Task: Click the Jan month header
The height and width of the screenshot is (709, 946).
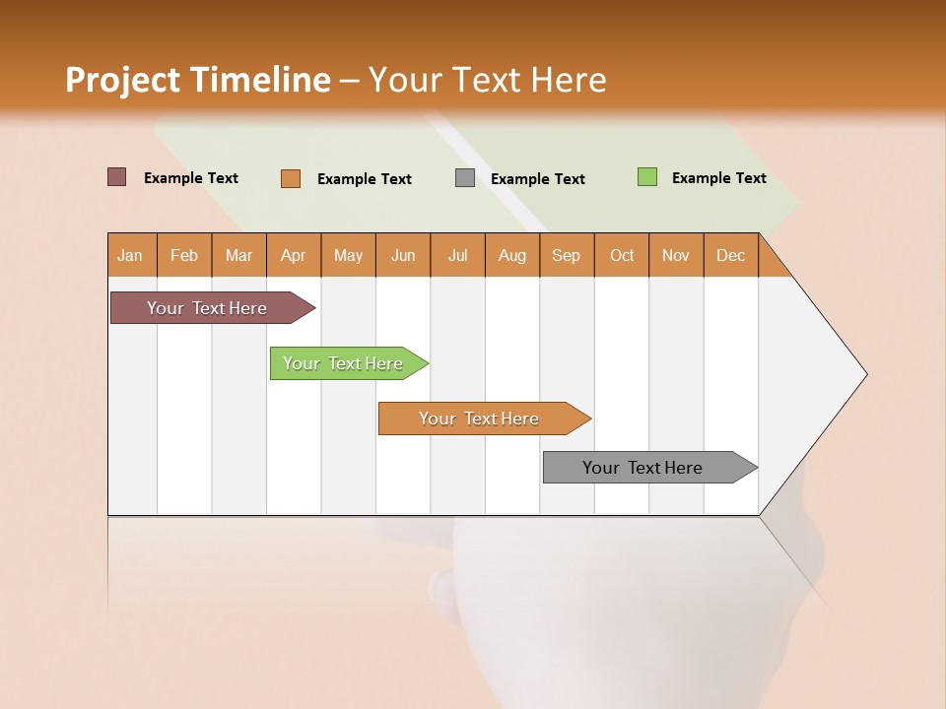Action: tap(131, 255)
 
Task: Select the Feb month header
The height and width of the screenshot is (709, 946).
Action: tap(184, 255)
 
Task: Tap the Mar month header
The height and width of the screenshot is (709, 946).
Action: tap(238, 255)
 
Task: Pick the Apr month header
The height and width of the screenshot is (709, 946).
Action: tap(294, 255)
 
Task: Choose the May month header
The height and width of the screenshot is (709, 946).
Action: tap(348, 255)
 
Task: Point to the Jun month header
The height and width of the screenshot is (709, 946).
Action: tap(403, 255)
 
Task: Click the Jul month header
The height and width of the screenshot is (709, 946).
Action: tap(457, 255)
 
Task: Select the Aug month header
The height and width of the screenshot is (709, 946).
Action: tap(512, 255)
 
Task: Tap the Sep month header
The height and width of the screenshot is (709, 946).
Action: tap(567, 255)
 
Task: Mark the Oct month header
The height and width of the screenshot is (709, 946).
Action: tap(622, 255)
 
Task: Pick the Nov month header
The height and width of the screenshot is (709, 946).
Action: tap(676, 255)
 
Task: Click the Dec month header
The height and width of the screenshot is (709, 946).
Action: tap(730, 255)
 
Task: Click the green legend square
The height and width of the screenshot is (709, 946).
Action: tap(647, 177)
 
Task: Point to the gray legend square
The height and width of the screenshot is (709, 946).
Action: tap(465, 178)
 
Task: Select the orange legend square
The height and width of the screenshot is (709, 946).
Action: tap(291, 178)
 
